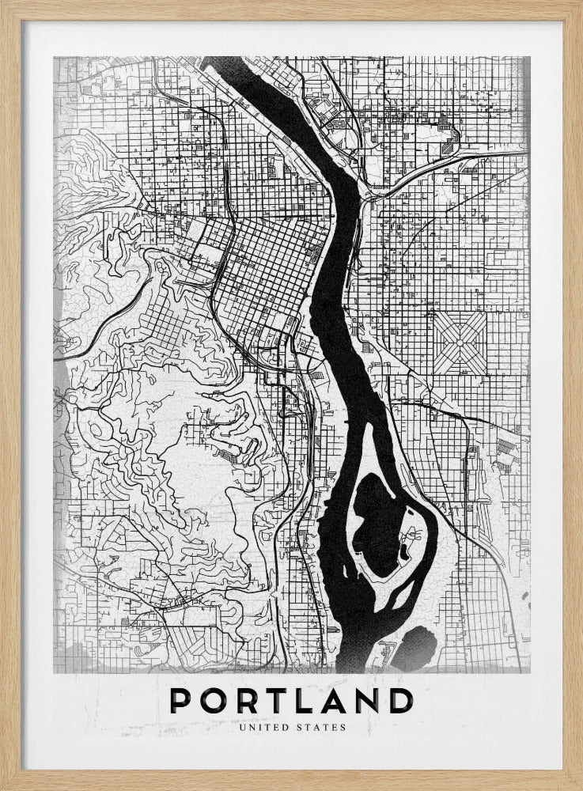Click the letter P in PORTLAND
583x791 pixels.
(x=181, y=701)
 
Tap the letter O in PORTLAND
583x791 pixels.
(x=213, y=701)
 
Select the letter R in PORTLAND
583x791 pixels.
(x=245, y=701)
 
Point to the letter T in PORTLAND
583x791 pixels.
(x=275, y=701)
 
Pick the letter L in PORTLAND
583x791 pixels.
(x=305, y=701)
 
